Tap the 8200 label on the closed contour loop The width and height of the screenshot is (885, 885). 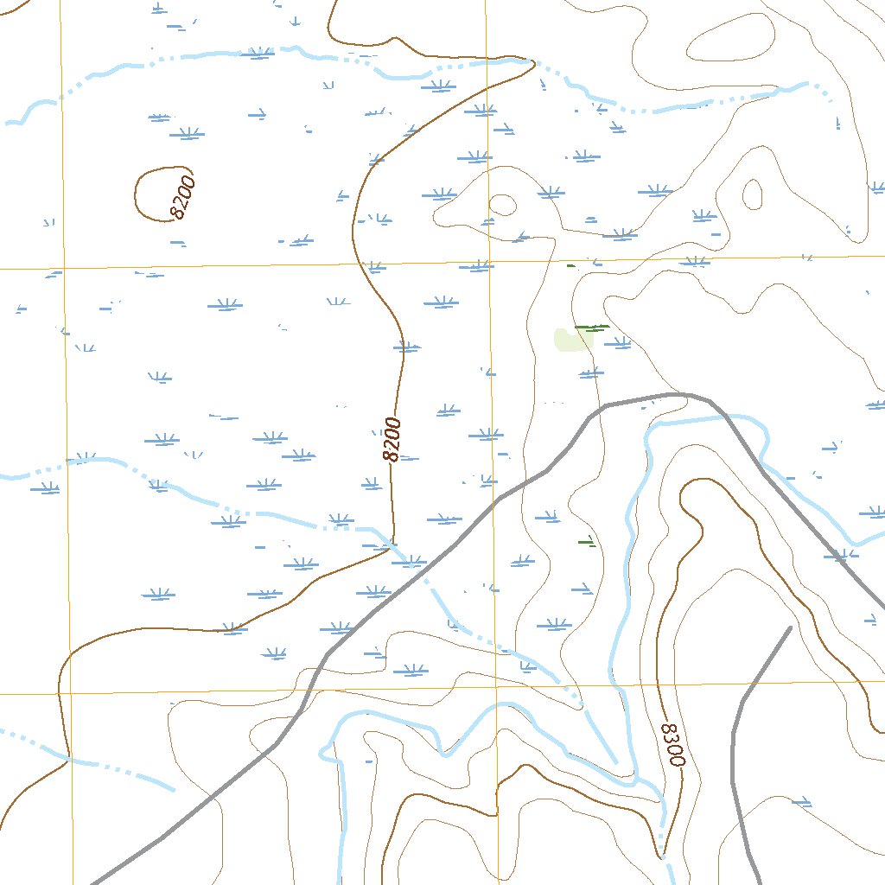(x=183, y=197)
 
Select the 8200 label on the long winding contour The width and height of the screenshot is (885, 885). (x=392, y=439)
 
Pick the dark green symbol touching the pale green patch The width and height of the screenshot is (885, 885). (x=592, y=328)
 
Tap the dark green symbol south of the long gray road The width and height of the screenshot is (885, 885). (x=587, y=543)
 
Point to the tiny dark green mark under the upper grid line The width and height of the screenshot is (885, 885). (x=570, y=265)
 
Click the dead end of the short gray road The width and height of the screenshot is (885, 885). (x=790, y=627)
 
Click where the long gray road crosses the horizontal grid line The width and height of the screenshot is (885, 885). (x=309, y=691)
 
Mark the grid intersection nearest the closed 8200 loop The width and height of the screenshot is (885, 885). (x=62, y=268)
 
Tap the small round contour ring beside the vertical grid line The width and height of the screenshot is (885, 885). (x=502, y=205)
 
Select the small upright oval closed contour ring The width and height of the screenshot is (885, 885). (x=752, y=194)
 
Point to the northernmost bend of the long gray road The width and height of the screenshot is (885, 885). (x=678, y=394)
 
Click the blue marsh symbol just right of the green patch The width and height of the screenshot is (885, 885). (x=616, y=343)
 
